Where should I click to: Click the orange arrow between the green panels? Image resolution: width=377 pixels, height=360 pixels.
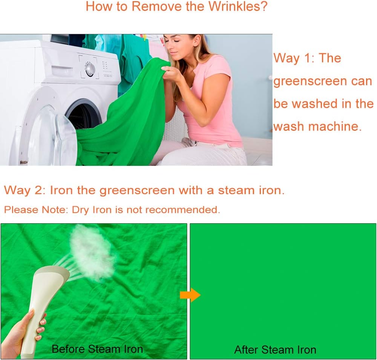click(x=190, y=295)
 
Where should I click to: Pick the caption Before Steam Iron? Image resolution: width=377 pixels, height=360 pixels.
click(x=97, y=349)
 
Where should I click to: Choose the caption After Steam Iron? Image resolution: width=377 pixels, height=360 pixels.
click(x=275, y=350)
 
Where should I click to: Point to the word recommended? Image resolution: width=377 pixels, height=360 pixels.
click(x=182, y=210)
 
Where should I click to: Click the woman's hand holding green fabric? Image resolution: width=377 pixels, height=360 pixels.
click(x=171, y=72)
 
